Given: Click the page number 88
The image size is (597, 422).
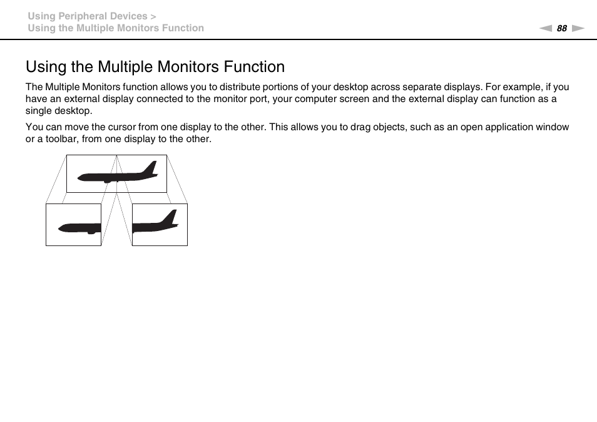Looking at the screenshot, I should pos(561,28).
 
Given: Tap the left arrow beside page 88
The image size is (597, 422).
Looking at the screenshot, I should pos(546,28).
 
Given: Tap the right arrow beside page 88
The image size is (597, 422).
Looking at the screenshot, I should pos(578,28).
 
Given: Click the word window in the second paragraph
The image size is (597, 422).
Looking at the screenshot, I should pos(552,127).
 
